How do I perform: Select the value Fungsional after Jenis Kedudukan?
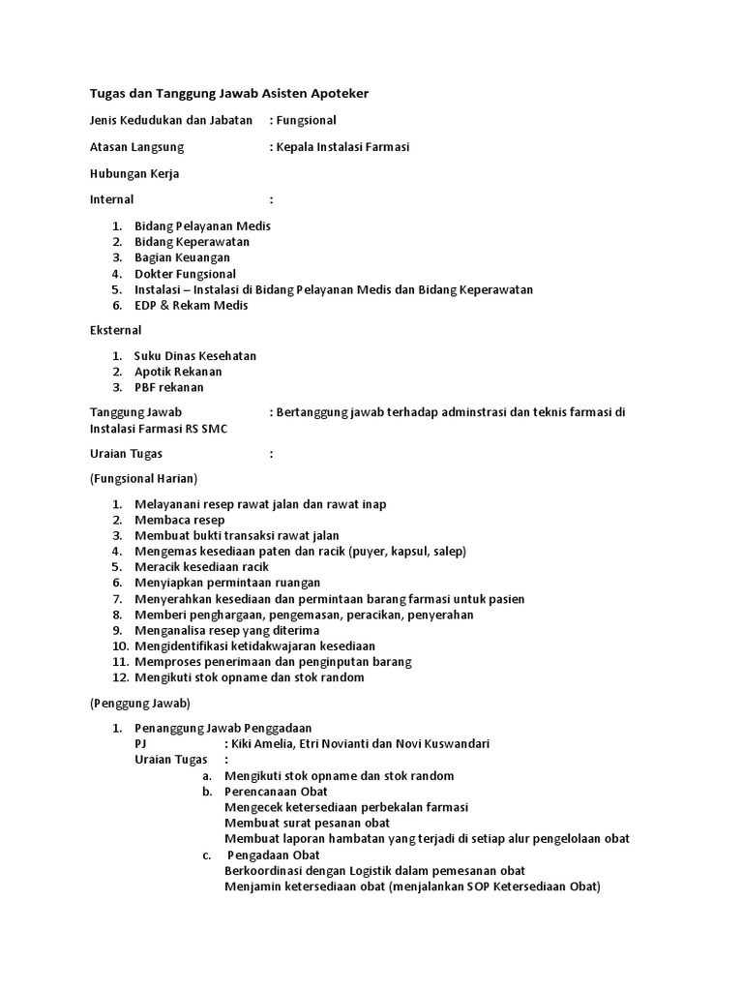pyautogui.click(x=307, y=120)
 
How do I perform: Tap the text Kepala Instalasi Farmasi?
pyautogui.click(x=343, y=147)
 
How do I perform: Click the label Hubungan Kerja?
pyautogui.click(x=134, y=173)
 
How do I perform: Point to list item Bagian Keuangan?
pyautogui.click(x=182, y=257)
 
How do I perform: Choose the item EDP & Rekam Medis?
pyautogui.click(x=192, y=305)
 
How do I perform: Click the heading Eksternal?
pyautogui.click(x=116, y=330)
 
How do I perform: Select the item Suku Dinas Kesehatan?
pyautogui.click(x=195, y=356)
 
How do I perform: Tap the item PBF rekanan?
pyautogui.click(x=169, y=387)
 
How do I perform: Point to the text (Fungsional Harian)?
pyautogui.click(x=143, y=478)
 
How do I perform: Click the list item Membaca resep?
pyautogui.click(x=180, y=520)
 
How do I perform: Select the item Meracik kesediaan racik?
pyautogui.click(x=201, y=566)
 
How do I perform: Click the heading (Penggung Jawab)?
pyautogui.click(x=140, y=702)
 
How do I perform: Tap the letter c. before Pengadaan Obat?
pyautogui.click(x=207, y=856)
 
